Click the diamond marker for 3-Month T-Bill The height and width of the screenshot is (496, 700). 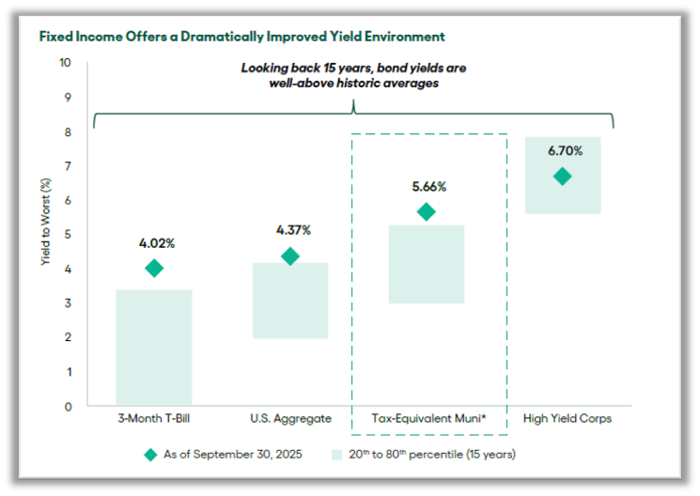(154, 269)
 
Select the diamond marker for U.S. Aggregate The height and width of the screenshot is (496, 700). (290, 256)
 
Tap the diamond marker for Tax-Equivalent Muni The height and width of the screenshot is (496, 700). (427, 212)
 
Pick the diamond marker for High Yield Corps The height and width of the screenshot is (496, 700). (562, 177)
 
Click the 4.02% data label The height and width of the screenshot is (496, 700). (157, 243)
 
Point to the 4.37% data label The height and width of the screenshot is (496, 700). (292, 230)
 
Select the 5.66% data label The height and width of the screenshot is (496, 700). (428, 186)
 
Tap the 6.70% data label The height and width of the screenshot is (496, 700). (564, 150)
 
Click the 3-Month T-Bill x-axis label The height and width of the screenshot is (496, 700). (155, 419)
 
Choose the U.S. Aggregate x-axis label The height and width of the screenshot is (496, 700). (291, 419)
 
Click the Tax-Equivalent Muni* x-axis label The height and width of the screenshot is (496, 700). (428, 419)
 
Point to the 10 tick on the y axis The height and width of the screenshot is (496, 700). (65, 63)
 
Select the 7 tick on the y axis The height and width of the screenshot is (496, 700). (67, 166)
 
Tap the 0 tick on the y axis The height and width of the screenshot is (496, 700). (67, 407)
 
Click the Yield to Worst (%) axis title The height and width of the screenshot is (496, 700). (44, 234)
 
